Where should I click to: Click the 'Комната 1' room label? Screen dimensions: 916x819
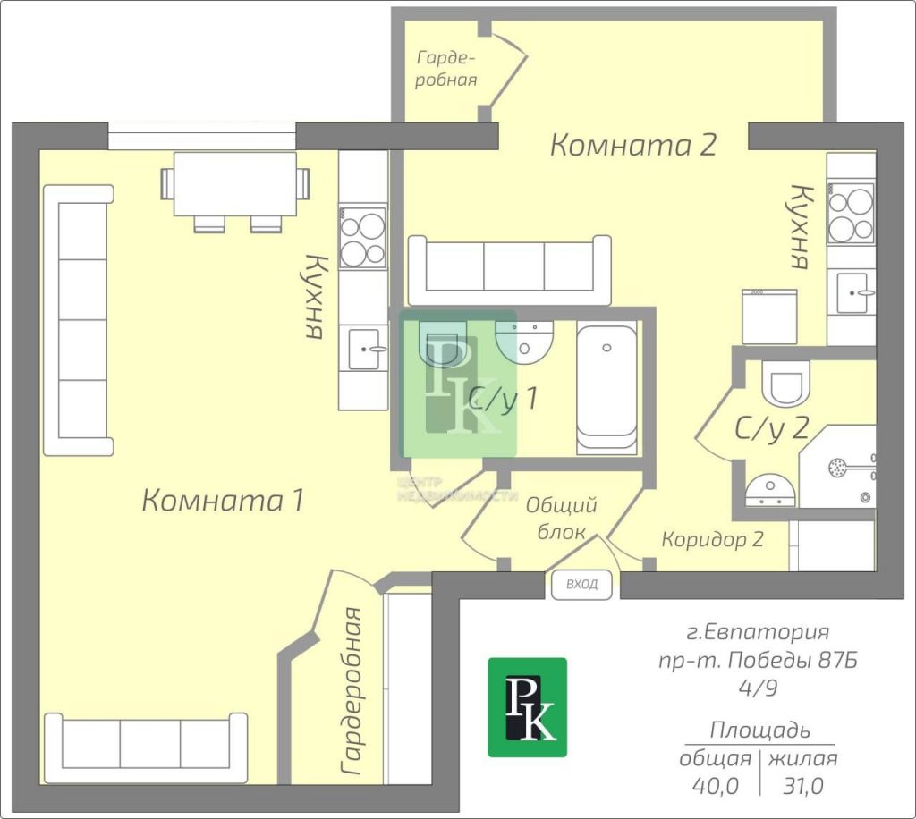[x=223, y=501]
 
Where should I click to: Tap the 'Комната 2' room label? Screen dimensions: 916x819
[x=633, y=145]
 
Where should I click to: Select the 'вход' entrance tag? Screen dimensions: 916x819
[x=581, y=585]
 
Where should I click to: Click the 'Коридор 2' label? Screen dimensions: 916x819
[x=712, y=539]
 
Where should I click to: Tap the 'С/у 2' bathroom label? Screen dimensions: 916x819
[x=771, y=428]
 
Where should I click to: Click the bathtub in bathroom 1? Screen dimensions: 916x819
[x=607, y=387]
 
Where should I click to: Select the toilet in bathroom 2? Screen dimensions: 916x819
[x=785, y=383]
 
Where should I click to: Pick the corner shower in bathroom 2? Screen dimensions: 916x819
[x=837, y=467]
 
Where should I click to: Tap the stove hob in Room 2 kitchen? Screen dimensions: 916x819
[x=852, y=212]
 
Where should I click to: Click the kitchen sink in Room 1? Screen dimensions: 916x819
[x=363, y=349]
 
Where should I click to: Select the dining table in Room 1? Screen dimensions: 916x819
[x=235, y=185]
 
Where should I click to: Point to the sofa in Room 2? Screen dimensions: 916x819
[x=510, y=270]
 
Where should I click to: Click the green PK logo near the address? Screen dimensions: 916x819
[x=528, y=707]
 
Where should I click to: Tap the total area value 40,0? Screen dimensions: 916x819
[x=716, y=786]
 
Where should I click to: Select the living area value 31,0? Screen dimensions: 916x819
[x=803, y=786]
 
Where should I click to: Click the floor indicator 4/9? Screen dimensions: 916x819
[x=758, y=688]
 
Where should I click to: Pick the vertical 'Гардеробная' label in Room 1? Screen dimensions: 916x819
[x=352, y=691]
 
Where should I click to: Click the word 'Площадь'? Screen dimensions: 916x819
[x=760, y=730]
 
